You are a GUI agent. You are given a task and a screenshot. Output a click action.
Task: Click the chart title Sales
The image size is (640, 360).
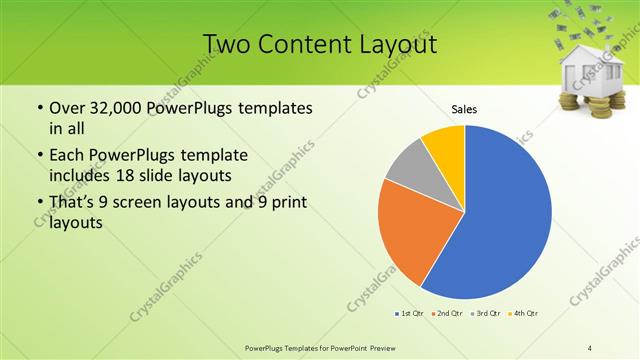(464, 108)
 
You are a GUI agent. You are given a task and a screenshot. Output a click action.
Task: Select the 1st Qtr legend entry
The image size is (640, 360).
(410, 314)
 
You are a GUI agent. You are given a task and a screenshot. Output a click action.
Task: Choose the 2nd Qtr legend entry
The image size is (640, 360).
(445, 314)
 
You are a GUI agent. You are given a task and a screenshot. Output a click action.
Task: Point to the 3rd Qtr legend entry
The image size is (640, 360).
(485, 314)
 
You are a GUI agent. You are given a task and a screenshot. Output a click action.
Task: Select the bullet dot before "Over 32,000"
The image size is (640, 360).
(39, 108)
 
